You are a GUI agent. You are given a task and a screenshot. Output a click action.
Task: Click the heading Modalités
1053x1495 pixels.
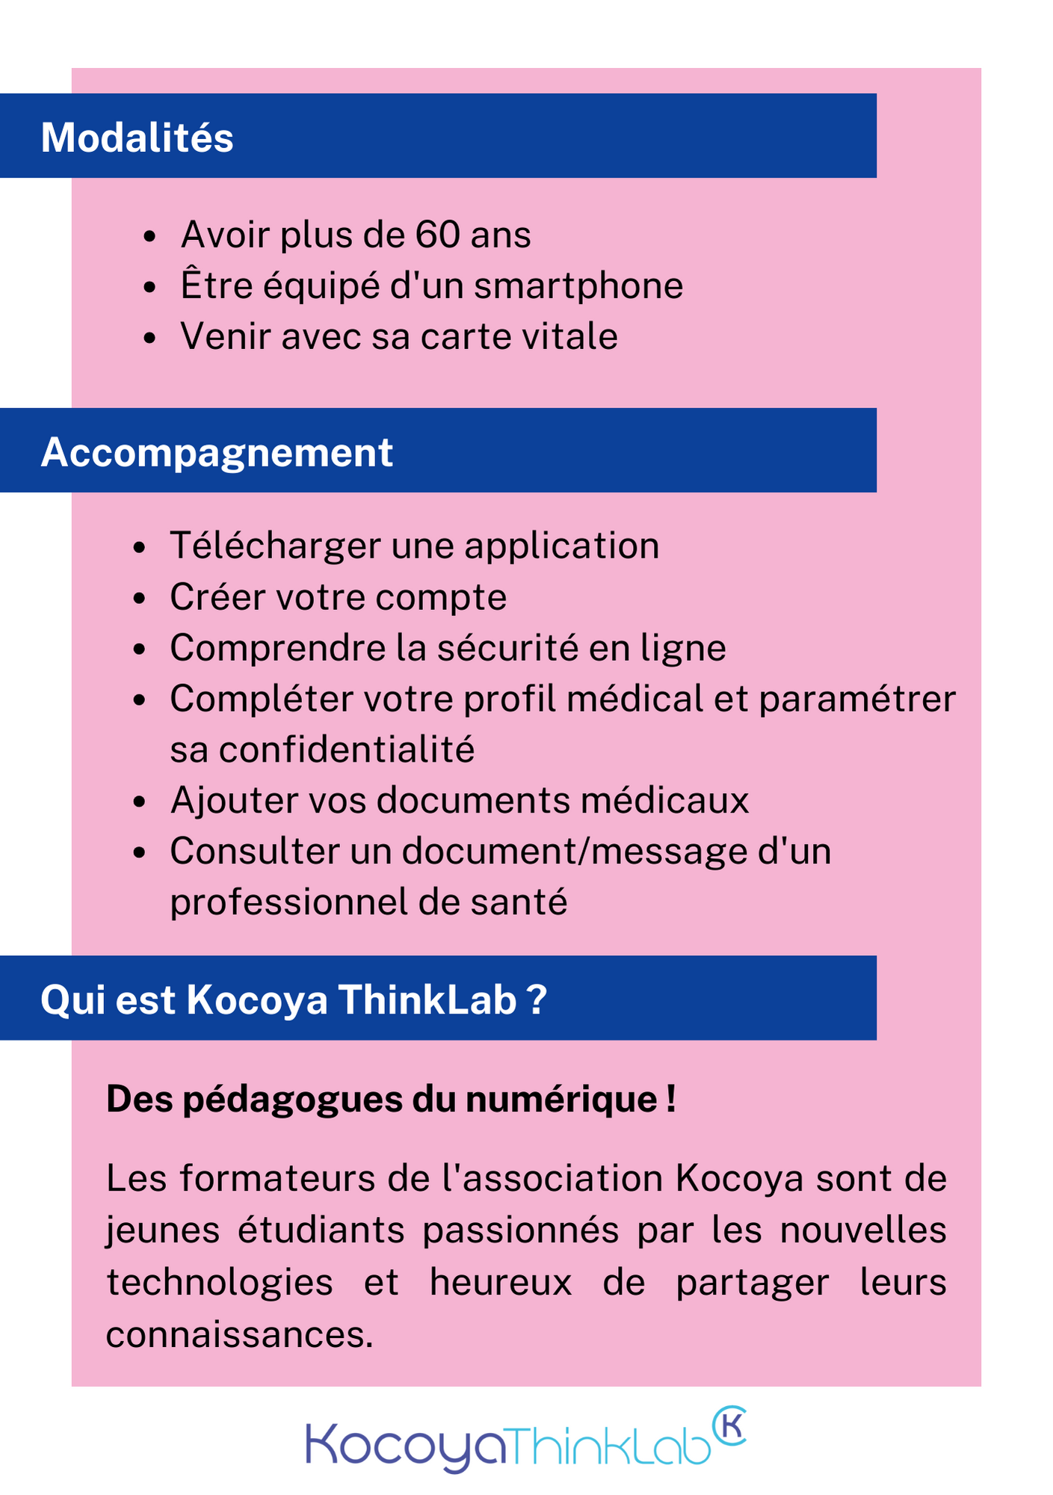tap(137, 138)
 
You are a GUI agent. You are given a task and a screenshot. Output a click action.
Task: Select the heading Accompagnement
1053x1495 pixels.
tap(217, 453)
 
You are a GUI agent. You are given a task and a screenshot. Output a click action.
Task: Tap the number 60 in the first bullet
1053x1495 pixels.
tap(437, 235)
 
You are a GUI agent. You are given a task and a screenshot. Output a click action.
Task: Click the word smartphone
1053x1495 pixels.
tap(578, 286)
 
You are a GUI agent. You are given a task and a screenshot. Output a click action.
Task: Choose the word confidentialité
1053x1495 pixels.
tap(347, 750)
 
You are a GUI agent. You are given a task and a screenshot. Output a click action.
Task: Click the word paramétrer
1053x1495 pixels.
tap(857, 700)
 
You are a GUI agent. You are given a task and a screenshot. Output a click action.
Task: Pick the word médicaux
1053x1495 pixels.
tap(665, 801)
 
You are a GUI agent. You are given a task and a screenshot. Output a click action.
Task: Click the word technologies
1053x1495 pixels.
tap(220, 1283)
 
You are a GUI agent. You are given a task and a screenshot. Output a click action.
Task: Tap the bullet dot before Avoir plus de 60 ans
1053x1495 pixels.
tap(149, 236)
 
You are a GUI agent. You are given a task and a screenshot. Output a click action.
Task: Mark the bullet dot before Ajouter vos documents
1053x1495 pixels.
tap(139, 802)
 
